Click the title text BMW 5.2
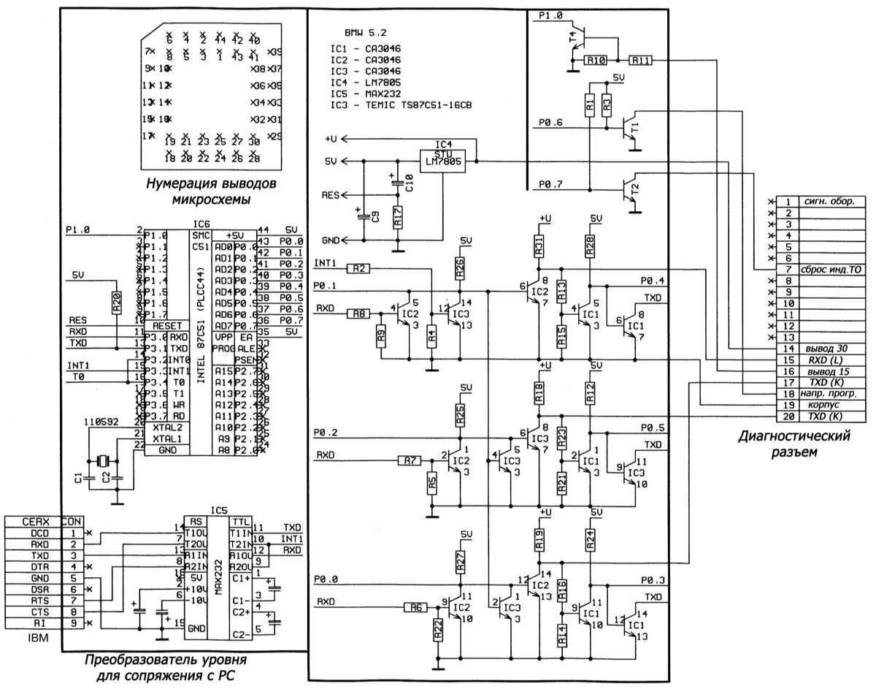point(364,34)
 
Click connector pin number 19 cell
point(788,404)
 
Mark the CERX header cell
point(36,522)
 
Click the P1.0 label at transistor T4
point(551,15)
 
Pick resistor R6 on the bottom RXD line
point(415,606)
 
